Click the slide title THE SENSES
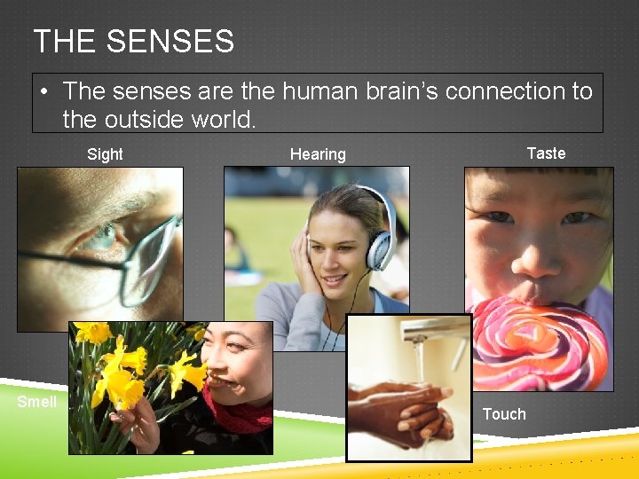click(133, 42)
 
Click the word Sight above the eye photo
click(105, 154)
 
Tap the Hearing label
click(318, 154)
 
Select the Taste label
click(546, 153)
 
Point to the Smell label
click(37, 402)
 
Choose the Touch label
click(504, 414)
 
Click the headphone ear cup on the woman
click(381, 248)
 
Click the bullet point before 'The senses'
click(43, 91)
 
